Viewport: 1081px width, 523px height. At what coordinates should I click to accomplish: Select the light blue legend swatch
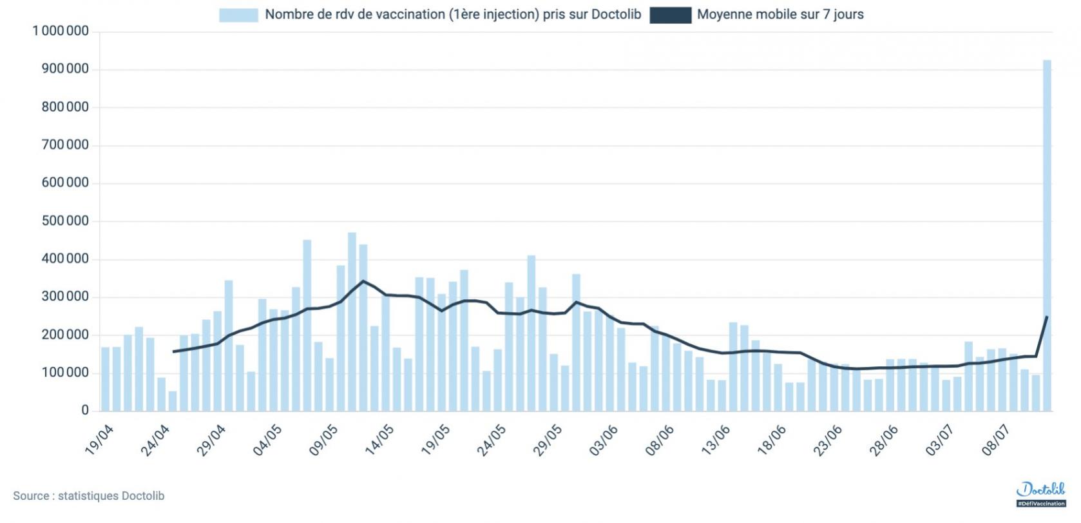pos(238,15)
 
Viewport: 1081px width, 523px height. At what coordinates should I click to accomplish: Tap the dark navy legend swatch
pos(670,15)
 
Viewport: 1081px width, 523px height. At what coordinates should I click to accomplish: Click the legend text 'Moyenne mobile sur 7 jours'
pos(780,14)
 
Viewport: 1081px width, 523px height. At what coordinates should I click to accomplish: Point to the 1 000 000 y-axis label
pos(61,31)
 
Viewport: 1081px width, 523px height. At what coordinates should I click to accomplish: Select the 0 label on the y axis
pos(85,411)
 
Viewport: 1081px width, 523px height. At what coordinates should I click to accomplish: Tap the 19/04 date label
pos(100,440)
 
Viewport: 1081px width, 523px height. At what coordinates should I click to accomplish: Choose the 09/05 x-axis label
pos(323,440)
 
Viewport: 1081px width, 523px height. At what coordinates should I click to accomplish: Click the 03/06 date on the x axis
pos(604,440)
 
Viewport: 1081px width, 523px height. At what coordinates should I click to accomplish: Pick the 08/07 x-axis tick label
pos(996,440)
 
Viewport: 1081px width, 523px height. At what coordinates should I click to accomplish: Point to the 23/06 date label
pos(828,440)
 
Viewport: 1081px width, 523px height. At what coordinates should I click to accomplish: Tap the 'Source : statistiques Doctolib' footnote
pos(89,496)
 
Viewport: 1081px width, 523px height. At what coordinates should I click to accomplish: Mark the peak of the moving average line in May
pos(363,281)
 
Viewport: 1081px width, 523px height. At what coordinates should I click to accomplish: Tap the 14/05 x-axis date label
pos(379,440)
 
